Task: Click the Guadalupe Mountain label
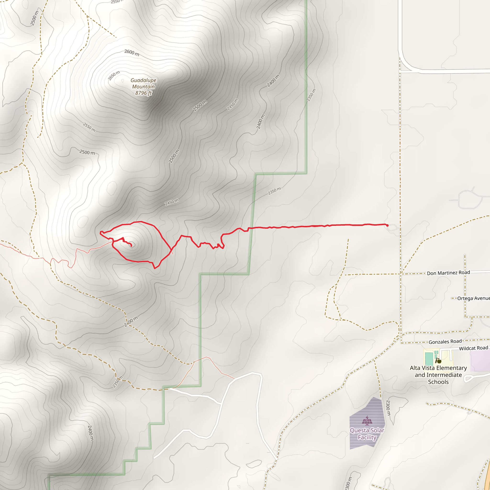click(x=143, y=84)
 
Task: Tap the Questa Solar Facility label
click(x=367, y=434)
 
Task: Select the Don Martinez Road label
click(x=448, y=273)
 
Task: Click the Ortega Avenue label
click(x=473, y=298)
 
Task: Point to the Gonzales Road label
click(x=445, y=342)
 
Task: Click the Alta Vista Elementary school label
click(x=438, y=375)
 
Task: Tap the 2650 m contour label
click(x=114, y=76)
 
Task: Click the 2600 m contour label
click(x=132, y=53)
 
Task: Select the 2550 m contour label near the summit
click(x=89, y=127)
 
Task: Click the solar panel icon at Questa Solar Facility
click(x=367, y=420)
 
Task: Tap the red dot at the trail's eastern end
click(x=387, y=225)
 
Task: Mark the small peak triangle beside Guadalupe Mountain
click(x=123, y=81)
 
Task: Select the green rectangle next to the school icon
click(x=429, y=358)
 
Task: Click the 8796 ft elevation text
click(x=143, y=93)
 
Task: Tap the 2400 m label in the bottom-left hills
click(x=90, y=433)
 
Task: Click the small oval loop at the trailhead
click(x=392, y=228)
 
